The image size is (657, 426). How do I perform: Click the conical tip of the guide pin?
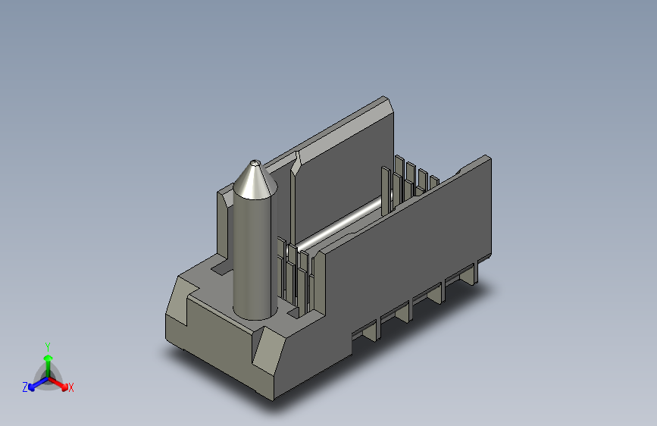[x=255, y=181]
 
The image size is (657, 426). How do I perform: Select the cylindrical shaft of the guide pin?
[x=255, y=255]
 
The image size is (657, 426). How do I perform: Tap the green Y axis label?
[x=48, y=347]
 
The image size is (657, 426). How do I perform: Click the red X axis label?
[x=70, y=387]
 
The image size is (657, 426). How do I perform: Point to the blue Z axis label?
[x=25, y=387]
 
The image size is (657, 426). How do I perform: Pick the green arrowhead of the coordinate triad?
[x=48, y=358]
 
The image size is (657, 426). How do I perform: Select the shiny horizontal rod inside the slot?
[x=339, y=224]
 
